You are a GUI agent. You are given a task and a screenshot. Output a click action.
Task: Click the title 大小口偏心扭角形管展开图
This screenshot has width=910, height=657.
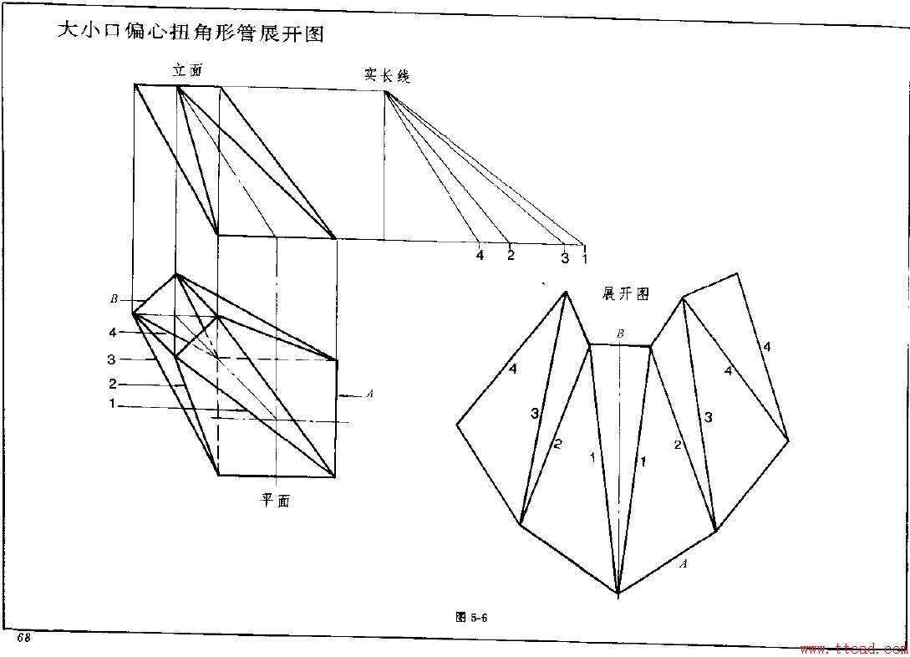[x=189, y=33]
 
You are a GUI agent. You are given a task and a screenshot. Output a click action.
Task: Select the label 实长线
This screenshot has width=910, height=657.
[x=386, y=76]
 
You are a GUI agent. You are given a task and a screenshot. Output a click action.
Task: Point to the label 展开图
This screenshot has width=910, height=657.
[x=625, y=293]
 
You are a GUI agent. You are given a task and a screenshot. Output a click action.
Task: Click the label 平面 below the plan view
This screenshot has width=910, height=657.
[x=276, y=501]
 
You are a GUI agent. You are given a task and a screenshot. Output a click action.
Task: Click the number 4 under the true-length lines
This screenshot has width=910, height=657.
[x=480, y=255]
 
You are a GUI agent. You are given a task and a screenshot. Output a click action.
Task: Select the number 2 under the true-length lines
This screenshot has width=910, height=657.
[x=511, y=255]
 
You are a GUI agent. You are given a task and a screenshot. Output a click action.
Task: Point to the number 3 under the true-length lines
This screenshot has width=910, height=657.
[x=565, y=257]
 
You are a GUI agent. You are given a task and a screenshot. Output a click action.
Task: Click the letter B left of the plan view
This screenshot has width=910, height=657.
[x=114, y=299]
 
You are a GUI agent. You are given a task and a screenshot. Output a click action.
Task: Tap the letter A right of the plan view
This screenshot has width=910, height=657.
[x=369, y=394]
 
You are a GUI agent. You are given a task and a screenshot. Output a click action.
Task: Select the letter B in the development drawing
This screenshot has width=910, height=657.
[x=620, y=334]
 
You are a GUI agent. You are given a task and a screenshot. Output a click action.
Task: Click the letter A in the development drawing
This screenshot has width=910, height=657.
[x=683, y=563]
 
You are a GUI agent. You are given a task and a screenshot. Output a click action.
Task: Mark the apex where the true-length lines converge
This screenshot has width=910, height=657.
[x=385, y=91]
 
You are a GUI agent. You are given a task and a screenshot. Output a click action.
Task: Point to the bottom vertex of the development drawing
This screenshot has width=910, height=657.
[x=618, y=593]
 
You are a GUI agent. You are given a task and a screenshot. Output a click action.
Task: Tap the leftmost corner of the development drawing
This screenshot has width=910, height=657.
[x=456, y=425]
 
